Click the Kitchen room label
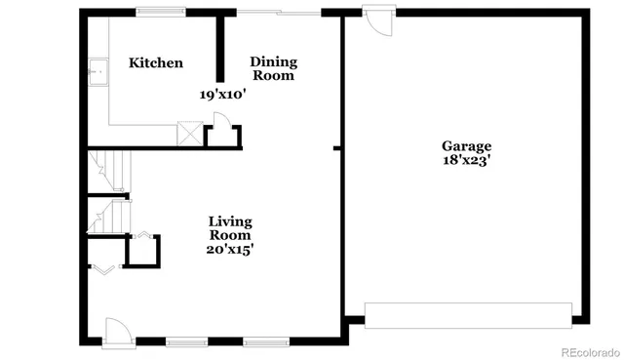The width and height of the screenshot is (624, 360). click(156, 63)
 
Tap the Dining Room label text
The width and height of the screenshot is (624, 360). click(273, 68)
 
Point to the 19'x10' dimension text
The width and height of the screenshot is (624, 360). click(223, 95)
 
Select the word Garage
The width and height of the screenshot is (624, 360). click(466, 146)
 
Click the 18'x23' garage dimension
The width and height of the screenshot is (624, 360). click(466, 161)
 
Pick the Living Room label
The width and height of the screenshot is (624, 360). click(230, 228)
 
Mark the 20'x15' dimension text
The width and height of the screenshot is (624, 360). click(230, 250)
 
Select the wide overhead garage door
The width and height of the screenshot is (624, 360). click(467, 314)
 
